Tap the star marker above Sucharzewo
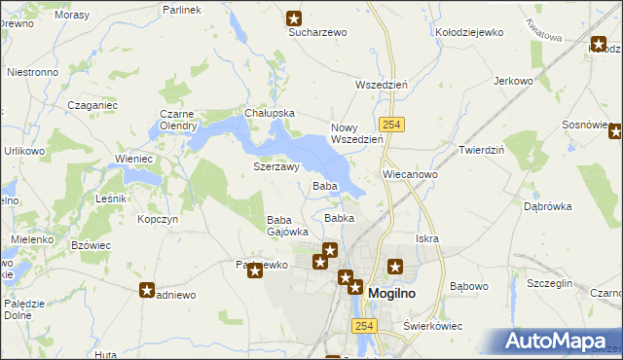tap(294, 18)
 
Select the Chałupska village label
tap(270, 113)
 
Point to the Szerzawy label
tap(275, 166)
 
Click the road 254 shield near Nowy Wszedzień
tap(392, 126)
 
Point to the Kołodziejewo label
tap(469, 32)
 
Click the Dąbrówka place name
tap(547, 206)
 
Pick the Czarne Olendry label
tap(178, 119)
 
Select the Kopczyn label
tap(158, 220)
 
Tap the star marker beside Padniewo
tap(147, 289)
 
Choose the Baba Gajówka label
tap(287, 226)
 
